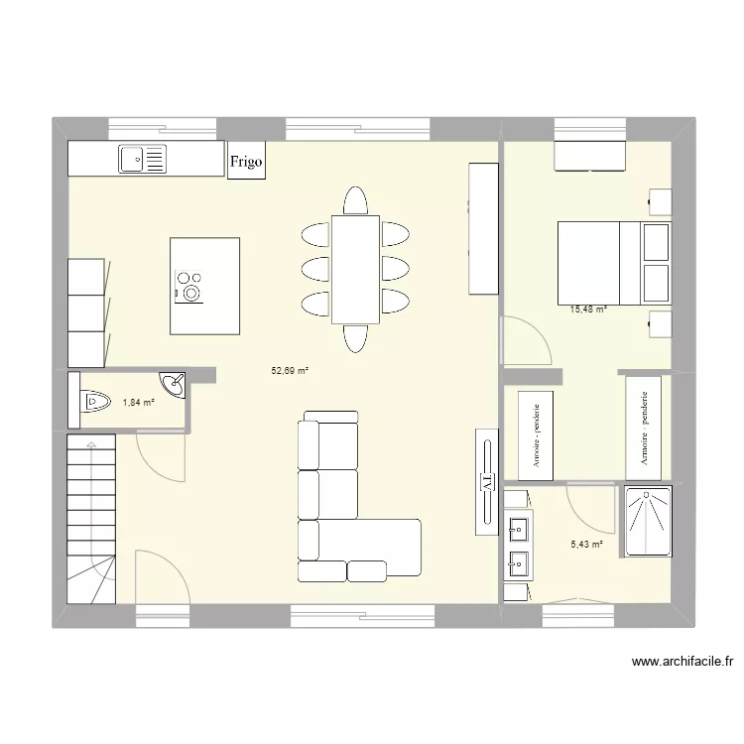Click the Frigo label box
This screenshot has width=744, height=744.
[x=247, y=162]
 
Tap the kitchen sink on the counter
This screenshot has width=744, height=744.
[x=143, y=158]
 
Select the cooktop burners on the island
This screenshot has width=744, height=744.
[x=188, y=286]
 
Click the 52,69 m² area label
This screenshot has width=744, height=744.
[x=290, y=371]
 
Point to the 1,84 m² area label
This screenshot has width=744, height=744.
[x=139, y=402]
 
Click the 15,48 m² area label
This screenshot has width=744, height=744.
[x=588, y=309]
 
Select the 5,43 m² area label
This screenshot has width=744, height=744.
[x=586, y=544]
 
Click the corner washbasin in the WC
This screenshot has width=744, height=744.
[x=174, y=384]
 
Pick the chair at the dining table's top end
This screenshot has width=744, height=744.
[x=355, y=201]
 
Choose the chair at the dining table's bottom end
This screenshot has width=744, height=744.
[x=355, y=337]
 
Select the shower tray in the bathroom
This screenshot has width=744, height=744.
[x=648, y=521]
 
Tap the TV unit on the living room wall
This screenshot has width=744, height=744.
[x=487, y=481]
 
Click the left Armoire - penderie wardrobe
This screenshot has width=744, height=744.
[x=536, y=434]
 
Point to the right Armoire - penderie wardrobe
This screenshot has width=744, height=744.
[x=644, y=428]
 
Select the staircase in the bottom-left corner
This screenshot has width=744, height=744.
[x=92, y=517]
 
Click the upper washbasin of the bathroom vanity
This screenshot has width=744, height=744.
[x=518, y=526]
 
